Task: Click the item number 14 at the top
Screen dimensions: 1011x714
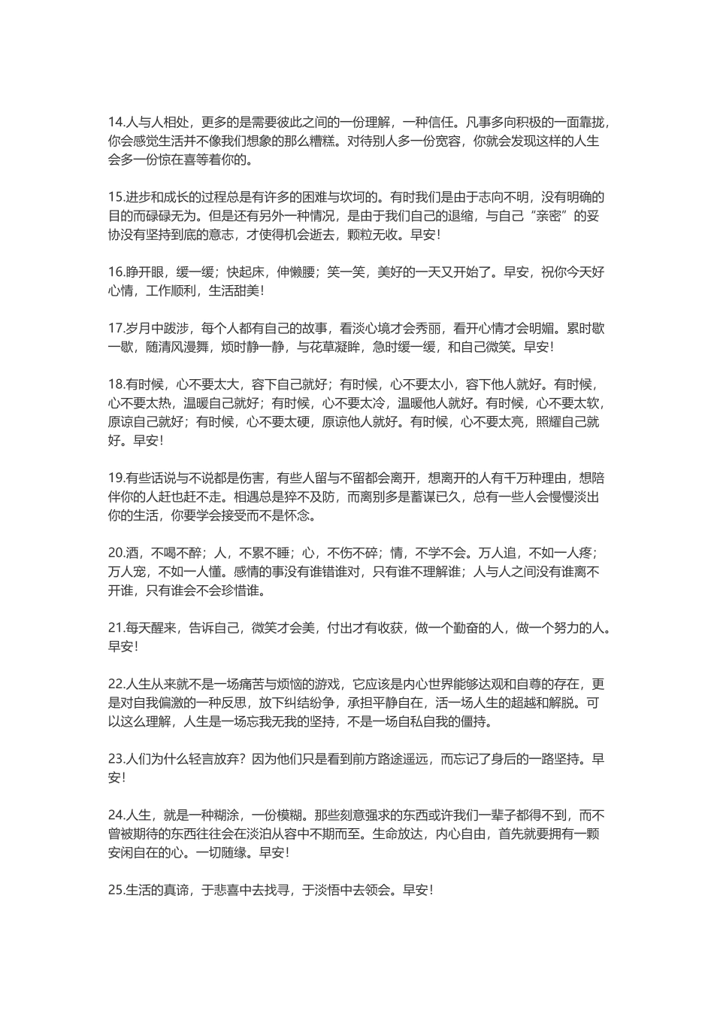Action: (116, 123)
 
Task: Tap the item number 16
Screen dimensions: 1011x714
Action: (116, 272)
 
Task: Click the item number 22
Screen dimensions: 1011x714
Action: (116, 685)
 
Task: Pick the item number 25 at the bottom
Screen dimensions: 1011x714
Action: (116, 890)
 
